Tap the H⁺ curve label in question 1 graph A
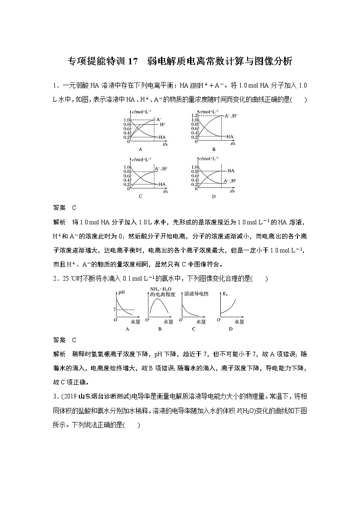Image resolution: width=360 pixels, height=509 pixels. click(x=162, y=124)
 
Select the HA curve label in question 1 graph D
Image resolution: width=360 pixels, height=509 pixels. click(x=231, y=171)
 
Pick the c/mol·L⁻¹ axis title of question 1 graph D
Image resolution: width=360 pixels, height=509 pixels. click(x=209, y=158)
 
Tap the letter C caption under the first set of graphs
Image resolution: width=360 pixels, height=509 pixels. click(x=141, y=196)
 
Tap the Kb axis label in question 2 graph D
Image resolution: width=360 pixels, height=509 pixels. click(x=224, y=294)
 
